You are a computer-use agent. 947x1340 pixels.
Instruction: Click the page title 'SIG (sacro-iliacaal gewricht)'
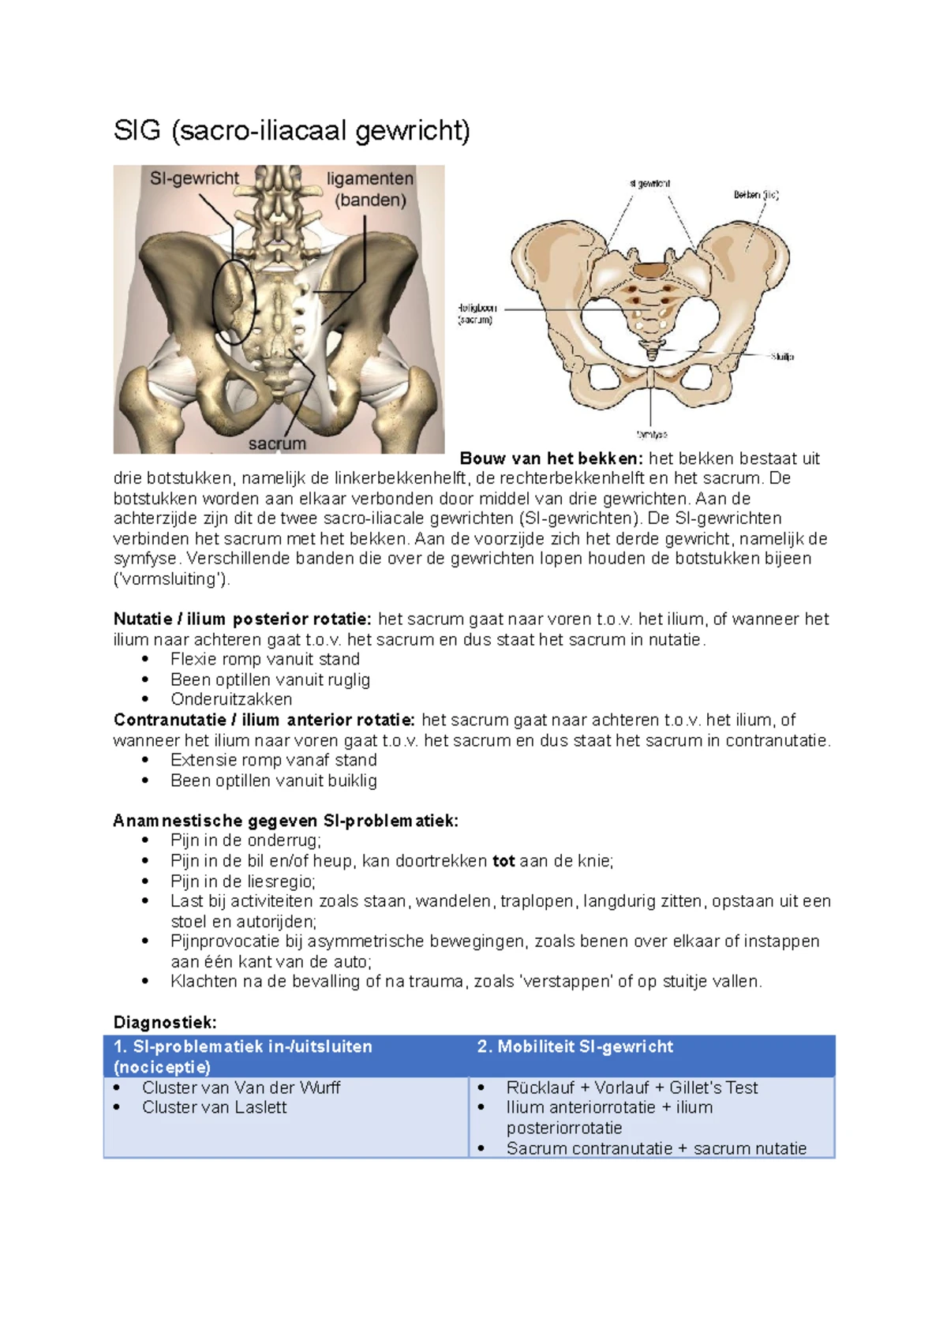click(291, 131)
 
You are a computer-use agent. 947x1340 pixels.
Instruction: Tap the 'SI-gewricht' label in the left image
click(194, 179)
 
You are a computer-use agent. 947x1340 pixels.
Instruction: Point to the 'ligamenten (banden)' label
click(370, 189)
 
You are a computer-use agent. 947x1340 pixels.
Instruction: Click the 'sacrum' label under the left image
click(277, 444)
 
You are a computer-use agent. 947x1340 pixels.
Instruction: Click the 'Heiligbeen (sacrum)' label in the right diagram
click(477, 314)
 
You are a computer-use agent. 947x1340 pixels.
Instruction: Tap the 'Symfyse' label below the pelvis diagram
click(652, 434)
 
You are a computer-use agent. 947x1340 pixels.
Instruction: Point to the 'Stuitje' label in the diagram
click(782, 357)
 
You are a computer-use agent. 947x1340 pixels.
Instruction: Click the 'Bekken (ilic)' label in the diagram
click(755, 195)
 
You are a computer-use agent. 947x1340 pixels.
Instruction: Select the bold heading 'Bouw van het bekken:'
click(552, 459)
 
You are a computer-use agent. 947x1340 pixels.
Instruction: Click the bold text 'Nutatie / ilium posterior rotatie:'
click(242, 619)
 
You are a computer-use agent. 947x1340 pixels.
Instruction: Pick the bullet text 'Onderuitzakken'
click(231, 699)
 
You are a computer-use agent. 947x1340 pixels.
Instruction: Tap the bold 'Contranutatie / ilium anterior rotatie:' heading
click(264, 720)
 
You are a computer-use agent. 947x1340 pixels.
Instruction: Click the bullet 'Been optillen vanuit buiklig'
click(274, 780)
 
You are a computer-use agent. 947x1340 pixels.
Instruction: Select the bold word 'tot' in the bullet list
click(503, 861)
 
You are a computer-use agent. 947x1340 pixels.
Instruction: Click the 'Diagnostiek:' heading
click(165, 1023)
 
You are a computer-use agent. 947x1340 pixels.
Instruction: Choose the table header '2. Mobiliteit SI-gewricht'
click(575, 1047)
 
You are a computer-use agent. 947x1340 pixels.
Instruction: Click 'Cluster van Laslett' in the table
click(215, 1107)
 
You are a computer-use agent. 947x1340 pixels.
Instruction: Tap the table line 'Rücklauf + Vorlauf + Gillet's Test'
click(631, 1087)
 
